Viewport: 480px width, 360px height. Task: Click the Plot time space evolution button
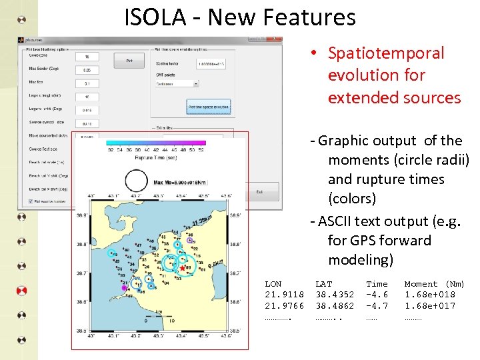click(208, 107)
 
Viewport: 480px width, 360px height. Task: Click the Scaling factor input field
click(211, 64)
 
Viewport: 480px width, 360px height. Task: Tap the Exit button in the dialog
click(259, 192)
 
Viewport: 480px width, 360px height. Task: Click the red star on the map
click(183, 268)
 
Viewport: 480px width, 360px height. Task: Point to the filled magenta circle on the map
click(124, 288)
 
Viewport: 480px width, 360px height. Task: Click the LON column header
click(273, 284)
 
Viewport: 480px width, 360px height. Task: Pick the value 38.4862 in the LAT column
click(335, 306)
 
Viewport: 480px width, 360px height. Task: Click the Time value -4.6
click(377, 295)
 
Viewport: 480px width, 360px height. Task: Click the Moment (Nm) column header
click(434, 284)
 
